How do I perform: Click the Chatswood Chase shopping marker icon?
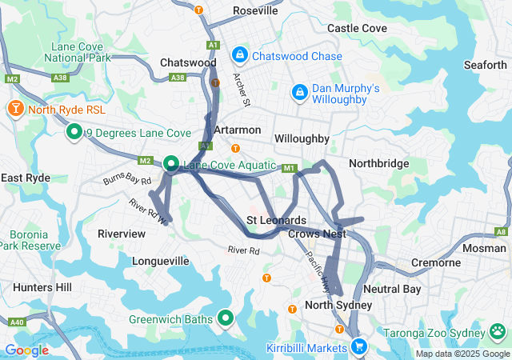point(238,55)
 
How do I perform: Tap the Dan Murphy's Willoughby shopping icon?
point(299,92)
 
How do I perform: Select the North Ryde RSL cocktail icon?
point(14,109)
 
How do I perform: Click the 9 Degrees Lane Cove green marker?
point(74,131)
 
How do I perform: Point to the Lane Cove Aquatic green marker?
point(171,164)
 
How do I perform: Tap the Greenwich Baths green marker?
point(226,318)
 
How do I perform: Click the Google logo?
point(26,350)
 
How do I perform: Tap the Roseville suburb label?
point(255,10)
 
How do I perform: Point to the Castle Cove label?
point(357,28)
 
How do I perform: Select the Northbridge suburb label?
point(378,163)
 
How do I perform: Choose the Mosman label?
point(486,248)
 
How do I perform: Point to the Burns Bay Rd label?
point(126,179)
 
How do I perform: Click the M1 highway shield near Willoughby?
point(289,168)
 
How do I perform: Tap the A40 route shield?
point(15,322)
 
